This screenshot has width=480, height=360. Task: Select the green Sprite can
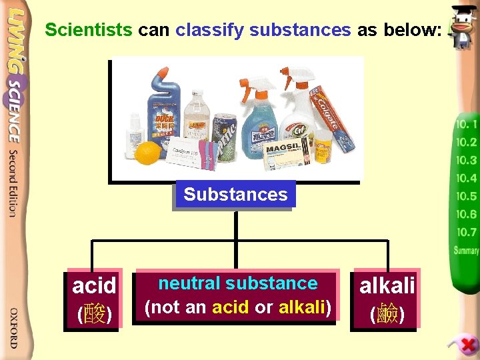[225, 133]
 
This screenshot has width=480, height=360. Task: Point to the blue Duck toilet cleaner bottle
[163, 110]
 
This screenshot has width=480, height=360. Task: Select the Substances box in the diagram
[235, 195]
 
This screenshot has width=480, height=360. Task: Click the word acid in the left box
[94, 286]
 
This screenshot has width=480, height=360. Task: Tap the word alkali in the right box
[387, 286]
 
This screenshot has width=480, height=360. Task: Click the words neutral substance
[238, 283]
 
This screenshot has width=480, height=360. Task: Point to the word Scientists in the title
[89, 29]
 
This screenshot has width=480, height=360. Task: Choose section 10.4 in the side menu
[466, 178]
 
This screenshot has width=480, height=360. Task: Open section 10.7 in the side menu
[466, 233]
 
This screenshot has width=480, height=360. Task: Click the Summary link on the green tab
[466, 251]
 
